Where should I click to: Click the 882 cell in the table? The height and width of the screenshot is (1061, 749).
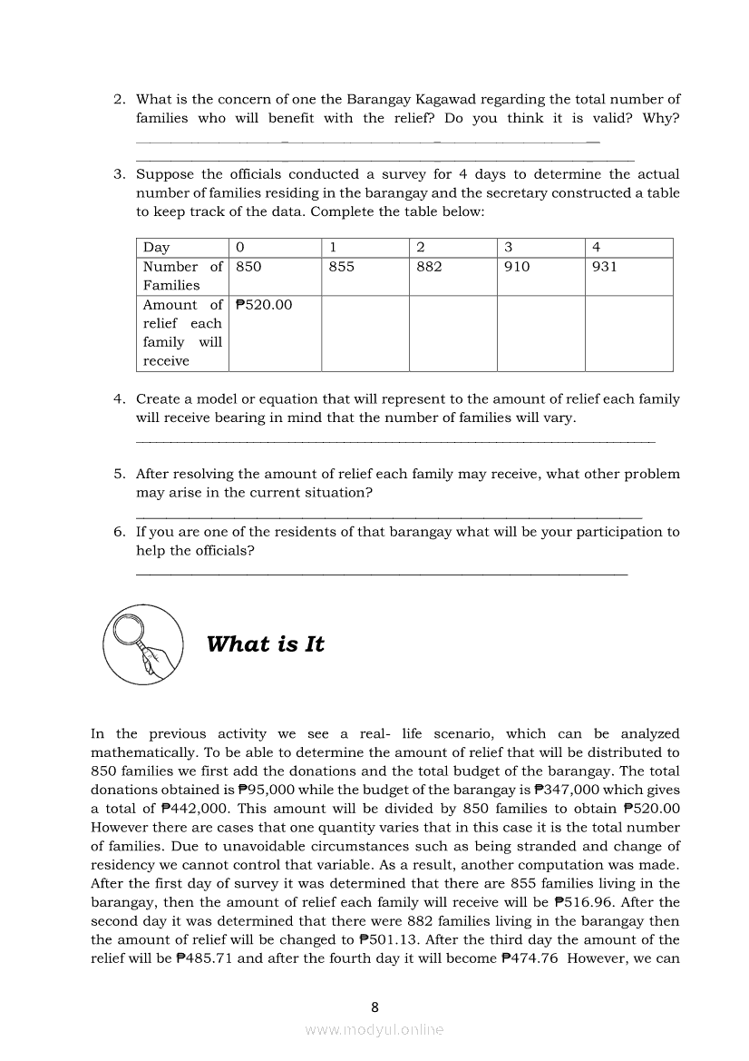tap(429, 268)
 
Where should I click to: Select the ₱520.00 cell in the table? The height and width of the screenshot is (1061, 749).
tap(264, 306)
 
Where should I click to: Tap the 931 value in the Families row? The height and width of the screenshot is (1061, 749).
tap(604, 268)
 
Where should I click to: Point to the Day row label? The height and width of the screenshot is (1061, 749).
tap(156, 248)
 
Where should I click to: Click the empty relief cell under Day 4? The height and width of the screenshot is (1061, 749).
tap(628, 333)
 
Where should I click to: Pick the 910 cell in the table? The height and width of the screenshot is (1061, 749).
tap(517, 268)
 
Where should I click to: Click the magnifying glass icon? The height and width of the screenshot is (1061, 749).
tap(141, 643)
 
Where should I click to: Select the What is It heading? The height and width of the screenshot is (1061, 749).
tap(265, 644)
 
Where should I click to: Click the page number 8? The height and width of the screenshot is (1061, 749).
tap(374, 1007)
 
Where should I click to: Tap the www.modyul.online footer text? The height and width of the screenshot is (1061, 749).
tap(374, 1030)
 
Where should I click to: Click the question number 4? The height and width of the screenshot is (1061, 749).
tap(119, 399)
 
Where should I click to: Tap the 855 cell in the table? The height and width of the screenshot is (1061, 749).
tap(341, 268)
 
